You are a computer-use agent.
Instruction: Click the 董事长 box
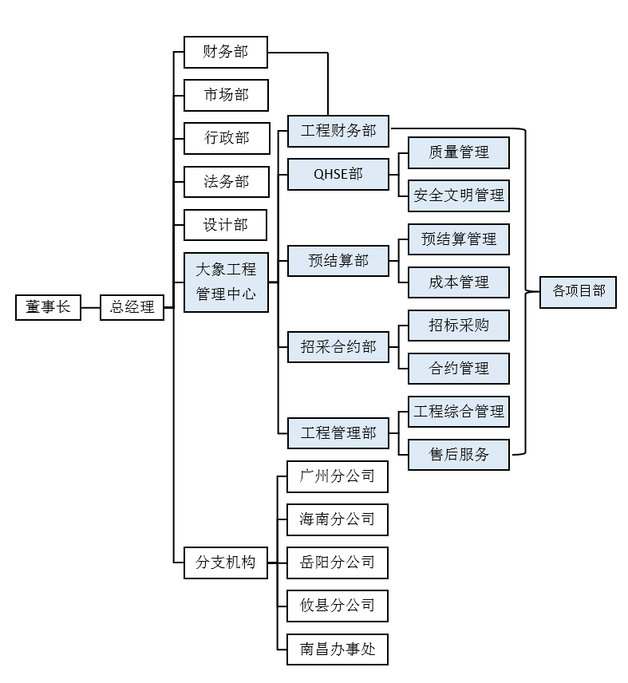pyautogui.click(x=48, y=307)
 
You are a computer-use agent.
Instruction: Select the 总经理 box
pyautogui.click(x=132, y=307)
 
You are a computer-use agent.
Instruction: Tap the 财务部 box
pyautogui.click(x=225, y=52)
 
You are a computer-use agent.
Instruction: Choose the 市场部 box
pyautogui.click(x=225, y=95)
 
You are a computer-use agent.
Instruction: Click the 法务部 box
pyautogui.click(x=225, y=182)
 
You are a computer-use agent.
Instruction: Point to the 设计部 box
pyautogui.click(x=225, y=225)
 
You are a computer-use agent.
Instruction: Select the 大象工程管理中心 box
pyautogui.click(x=225, y=282)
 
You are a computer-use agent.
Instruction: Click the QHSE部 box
pyautogui.click(x=338, y=173)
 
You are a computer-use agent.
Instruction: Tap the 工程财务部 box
pyautogui.click(x=338, y=130)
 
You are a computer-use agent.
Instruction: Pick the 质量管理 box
pyautogui.click(x=458, y=152)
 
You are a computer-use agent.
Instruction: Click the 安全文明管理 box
pyautogui.click(x=458, y=195)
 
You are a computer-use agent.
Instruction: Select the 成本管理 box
pyautogui.click(x=458, y=282)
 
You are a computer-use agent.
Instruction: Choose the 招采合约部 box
pyautogui.click(x=338, y=346)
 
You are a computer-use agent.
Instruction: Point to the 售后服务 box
pyautogui.click(x=458, y=455)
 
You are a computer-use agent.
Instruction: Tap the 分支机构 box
pyautogui.click(x=225, y=562)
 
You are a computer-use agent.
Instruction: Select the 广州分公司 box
pyautogui.click(x=338, y=476)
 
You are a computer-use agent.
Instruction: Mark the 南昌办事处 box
pyautogui.click(x=338, y=649)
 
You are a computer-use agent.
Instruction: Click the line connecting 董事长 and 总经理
pyautogui.click(x=90, y=307)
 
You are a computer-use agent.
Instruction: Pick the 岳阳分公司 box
pyautogui.click(x=338, y=562)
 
